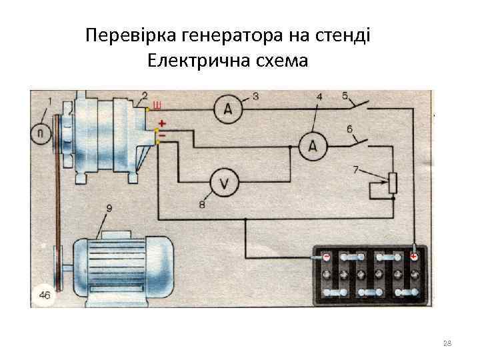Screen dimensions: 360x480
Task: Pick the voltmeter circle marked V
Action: click(225, 182)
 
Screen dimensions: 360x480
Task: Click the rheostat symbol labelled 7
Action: click(393, 183)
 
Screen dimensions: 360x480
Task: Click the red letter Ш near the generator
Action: click(157, 105)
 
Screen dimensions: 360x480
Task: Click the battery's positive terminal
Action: click(414, 256)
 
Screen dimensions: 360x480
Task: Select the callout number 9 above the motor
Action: click(109, 209)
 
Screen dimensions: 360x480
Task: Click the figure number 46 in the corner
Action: click(45, 295)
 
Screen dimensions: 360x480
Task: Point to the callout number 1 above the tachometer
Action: click(49, 102)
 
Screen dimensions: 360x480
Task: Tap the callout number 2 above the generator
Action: click(145, 95)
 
